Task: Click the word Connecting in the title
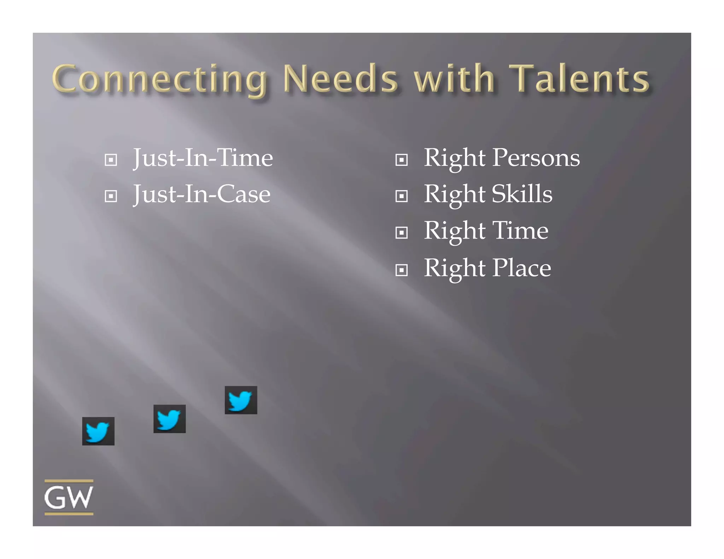pyautogui.click(x=159, y=79)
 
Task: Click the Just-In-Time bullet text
pyautogui.click(x=203, y=158)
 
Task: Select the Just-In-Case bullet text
pyautogui.click(x=202, y=194)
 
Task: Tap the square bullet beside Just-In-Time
pyautogui.click(x=111, y=160)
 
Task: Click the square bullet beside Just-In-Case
pyautogui.click(x=111, y=196)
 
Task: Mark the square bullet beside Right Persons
pyautogui.click(x=402, y=160)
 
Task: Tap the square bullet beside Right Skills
pyautogui.click(x=402, y=196)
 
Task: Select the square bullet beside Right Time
pyautogui.click(x=402, y=233)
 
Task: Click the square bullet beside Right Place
pyautogui.click(x=402, y=270)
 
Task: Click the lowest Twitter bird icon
pyautogui.click(x=98, y=431)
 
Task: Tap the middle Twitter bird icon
pyautogui.click(x=169, y=419)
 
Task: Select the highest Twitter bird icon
pyautogui.click(x=241, y=400)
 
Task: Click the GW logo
pyautogui.click(x=69, y=497)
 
